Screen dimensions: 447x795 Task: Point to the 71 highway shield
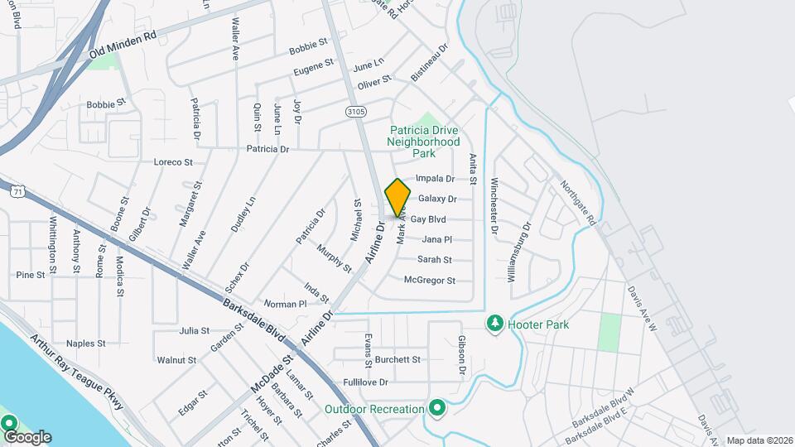[17, 191]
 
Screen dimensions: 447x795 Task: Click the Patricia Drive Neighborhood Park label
[423, 142]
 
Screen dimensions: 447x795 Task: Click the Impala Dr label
[436, 178]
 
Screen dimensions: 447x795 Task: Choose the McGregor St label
[430, 281]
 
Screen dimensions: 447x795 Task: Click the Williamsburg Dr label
[519, 252]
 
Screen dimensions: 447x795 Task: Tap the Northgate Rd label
[577, 204]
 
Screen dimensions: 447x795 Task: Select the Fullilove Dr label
[365, 382]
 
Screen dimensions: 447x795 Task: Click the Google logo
[27, 437]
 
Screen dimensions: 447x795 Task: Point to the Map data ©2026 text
[759, 441]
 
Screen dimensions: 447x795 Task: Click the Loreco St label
[173, 162]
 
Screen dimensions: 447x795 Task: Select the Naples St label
[86, 343]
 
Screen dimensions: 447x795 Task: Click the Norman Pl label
[286, 305]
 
